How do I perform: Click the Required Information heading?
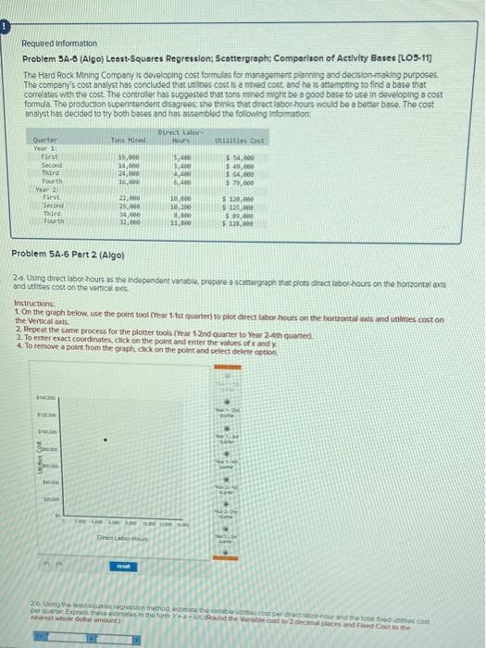(x=59, y=44)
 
